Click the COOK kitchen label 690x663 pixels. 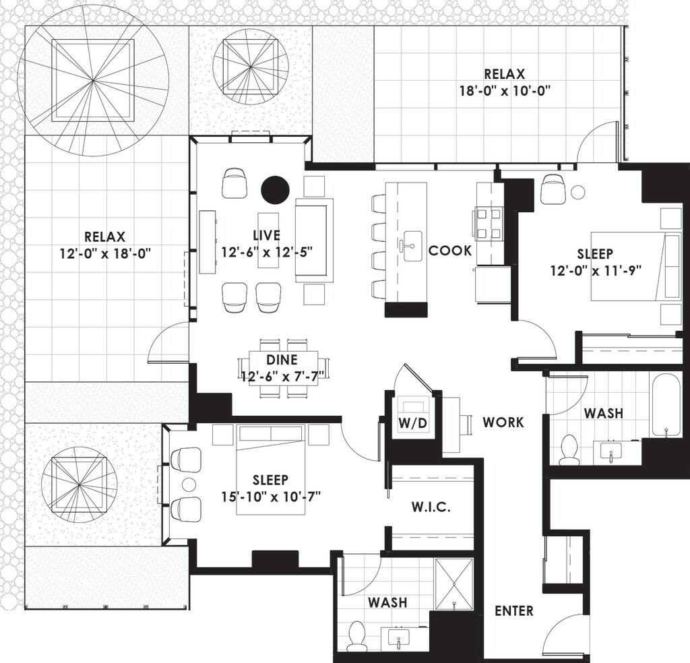449,251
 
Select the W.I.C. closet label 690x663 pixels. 432,507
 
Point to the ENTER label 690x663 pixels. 513,611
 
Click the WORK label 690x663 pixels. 503,422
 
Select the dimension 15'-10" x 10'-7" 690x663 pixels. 270,497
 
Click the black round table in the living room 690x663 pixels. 275,190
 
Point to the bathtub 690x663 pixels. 666,405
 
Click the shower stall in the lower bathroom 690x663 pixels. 455,583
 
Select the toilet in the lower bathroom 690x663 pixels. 356,636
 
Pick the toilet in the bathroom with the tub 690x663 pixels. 569,449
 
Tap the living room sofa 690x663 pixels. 315,240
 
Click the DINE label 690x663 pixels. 278,360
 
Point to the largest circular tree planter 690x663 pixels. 93,81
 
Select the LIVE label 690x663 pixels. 266,235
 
